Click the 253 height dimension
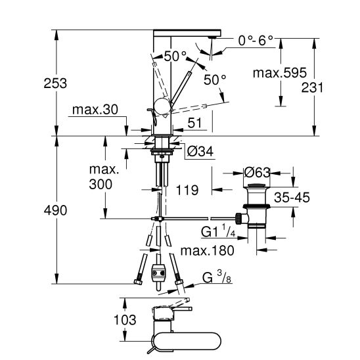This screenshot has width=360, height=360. [55, 83]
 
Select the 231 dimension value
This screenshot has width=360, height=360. [312, 87]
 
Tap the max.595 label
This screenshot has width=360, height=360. [280, 73]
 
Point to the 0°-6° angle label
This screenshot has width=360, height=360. [256, 41]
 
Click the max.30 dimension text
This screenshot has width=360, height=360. [95, 110]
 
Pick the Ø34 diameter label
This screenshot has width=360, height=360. [200, 151]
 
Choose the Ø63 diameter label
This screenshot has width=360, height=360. [257, 172]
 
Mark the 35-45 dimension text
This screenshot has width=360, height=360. [292, 198]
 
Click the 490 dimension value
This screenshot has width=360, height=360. [55, 210]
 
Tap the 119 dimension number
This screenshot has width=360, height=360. [187, 190]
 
